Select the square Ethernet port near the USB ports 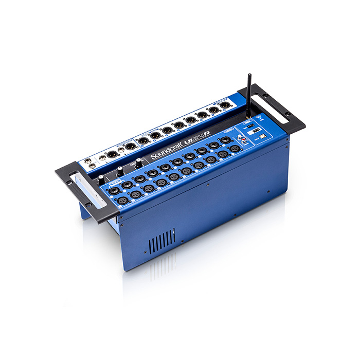(x=262, y=136)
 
